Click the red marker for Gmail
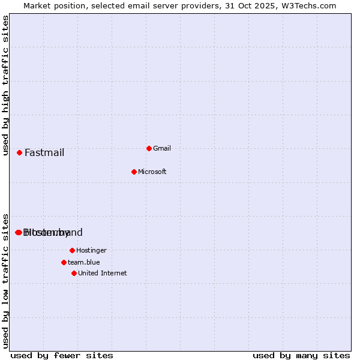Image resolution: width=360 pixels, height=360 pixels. point(149,148)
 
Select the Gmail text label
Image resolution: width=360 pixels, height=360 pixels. point(162,149)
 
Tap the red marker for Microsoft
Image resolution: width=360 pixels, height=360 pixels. point(134,172)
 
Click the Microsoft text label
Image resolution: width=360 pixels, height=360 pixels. point(152,172)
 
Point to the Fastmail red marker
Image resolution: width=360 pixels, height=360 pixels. point(19,152)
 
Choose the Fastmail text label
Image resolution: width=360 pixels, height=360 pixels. point(44,152)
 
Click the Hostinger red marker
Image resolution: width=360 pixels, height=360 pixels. point(72,250)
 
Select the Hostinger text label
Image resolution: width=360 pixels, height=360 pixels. point(91,251)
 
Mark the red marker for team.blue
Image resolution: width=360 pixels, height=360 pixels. point(64,262)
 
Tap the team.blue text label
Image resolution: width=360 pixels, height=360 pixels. point(84,263)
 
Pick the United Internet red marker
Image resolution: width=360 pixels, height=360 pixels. point(74,273)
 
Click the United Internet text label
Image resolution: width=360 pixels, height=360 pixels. point(103,274)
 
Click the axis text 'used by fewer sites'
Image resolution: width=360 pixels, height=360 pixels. point(62,355)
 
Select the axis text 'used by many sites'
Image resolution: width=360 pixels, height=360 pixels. point(301,355)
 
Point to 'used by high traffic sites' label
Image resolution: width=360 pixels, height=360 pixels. point(6,85)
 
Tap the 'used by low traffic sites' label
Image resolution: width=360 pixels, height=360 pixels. point(6,281)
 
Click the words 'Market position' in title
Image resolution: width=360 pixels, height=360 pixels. point(53,5)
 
